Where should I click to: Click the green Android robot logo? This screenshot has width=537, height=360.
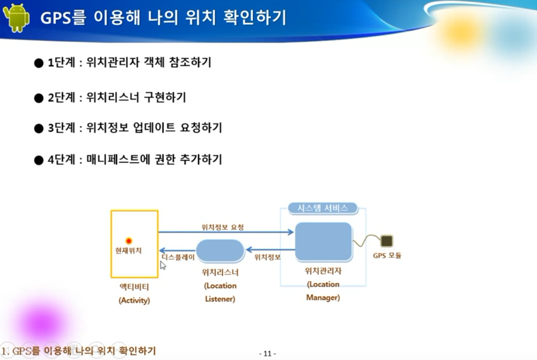point(16,18)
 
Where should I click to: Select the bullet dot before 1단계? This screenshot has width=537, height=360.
point(39,63)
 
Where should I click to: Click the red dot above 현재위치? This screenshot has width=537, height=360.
point(128,241)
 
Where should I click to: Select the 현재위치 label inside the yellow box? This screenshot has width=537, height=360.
point(128,250)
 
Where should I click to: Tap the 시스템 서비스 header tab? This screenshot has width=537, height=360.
point(323,208)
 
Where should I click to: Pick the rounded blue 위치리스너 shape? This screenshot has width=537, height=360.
point(220,251)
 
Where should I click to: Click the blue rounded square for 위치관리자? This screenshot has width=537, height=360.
point(323,242)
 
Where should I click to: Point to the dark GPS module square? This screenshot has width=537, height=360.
point(387,241)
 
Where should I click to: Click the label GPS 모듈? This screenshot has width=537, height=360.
point(387,256)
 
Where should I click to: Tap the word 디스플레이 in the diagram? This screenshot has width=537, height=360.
point(178,257)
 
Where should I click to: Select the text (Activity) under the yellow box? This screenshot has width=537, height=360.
point(134,300)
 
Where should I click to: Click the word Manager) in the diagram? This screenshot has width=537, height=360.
point(323,298)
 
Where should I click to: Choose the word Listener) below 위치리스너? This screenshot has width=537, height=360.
point(220,299)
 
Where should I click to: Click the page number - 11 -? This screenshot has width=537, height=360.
point(268,353)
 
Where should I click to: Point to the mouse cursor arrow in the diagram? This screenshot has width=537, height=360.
point(163,265)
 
